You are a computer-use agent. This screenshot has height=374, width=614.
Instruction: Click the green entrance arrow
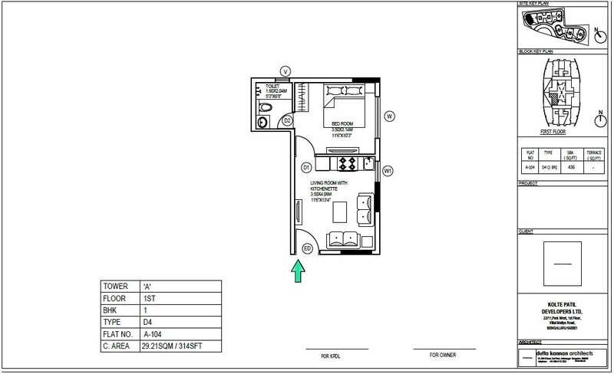click(297, 271)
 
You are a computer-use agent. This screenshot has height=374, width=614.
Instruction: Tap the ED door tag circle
click(307, 248)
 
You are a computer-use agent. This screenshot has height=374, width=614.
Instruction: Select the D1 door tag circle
click(305, 166)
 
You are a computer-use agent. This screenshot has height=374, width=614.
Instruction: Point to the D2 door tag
click(286, 121)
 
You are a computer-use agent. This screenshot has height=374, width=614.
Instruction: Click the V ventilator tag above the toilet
click(285, 71)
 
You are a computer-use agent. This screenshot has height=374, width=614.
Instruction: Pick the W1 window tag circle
click(388, 171)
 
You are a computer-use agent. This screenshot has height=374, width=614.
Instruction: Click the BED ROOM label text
click(342, 123)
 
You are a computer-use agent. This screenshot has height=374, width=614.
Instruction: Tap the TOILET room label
click(272, 87)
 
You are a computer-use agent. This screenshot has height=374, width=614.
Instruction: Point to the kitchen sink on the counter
click(368, 162)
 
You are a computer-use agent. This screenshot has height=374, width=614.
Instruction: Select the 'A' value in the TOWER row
click(146, 286)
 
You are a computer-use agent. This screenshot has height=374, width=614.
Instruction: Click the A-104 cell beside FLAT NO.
click(153, 335)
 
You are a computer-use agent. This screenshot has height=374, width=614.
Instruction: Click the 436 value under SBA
click(570, 166)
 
